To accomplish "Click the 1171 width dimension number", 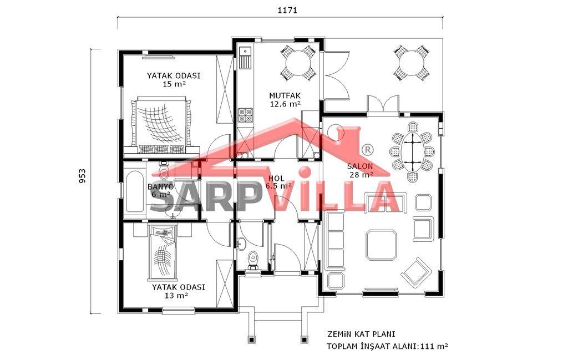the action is click(287, 11).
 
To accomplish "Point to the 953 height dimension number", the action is click(83, 176).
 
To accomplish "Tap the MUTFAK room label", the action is click(285, 95).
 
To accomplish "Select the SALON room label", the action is click(359, 166).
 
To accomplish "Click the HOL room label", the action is click(276, 179).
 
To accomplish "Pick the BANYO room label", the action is click(160, 186).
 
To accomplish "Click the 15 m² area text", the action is click(174, 84).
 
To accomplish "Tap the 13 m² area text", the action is click(176, 296).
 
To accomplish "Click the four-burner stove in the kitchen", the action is click(245, 115).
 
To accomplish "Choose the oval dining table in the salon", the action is click(412, 152).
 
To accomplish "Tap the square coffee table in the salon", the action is click(381, 245).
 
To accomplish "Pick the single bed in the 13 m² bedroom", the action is click(163, 252).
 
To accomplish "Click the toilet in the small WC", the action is click(253, 260).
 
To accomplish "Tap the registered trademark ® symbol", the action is click(367, 150).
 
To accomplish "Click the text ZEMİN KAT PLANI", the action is click(362, 333).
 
